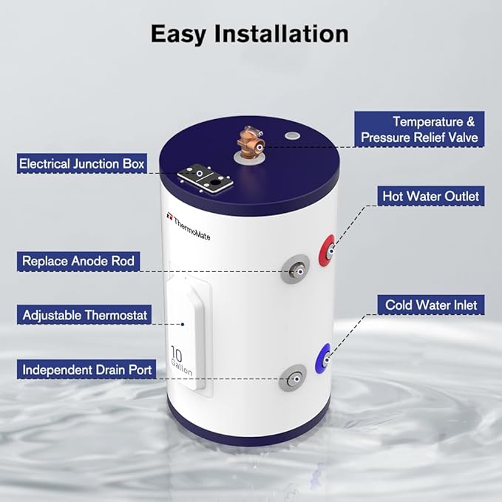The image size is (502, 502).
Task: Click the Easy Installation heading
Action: [x=250, y=33]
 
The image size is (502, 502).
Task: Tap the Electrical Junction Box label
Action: [x=83, y=163]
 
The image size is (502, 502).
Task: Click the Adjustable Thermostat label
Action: [x=85, y=315]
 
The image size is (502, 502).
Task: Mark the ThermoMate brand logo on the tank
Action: [x=189, y=219]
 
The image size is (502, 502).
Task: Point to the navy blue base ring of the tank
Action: [x=251, y=433]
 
